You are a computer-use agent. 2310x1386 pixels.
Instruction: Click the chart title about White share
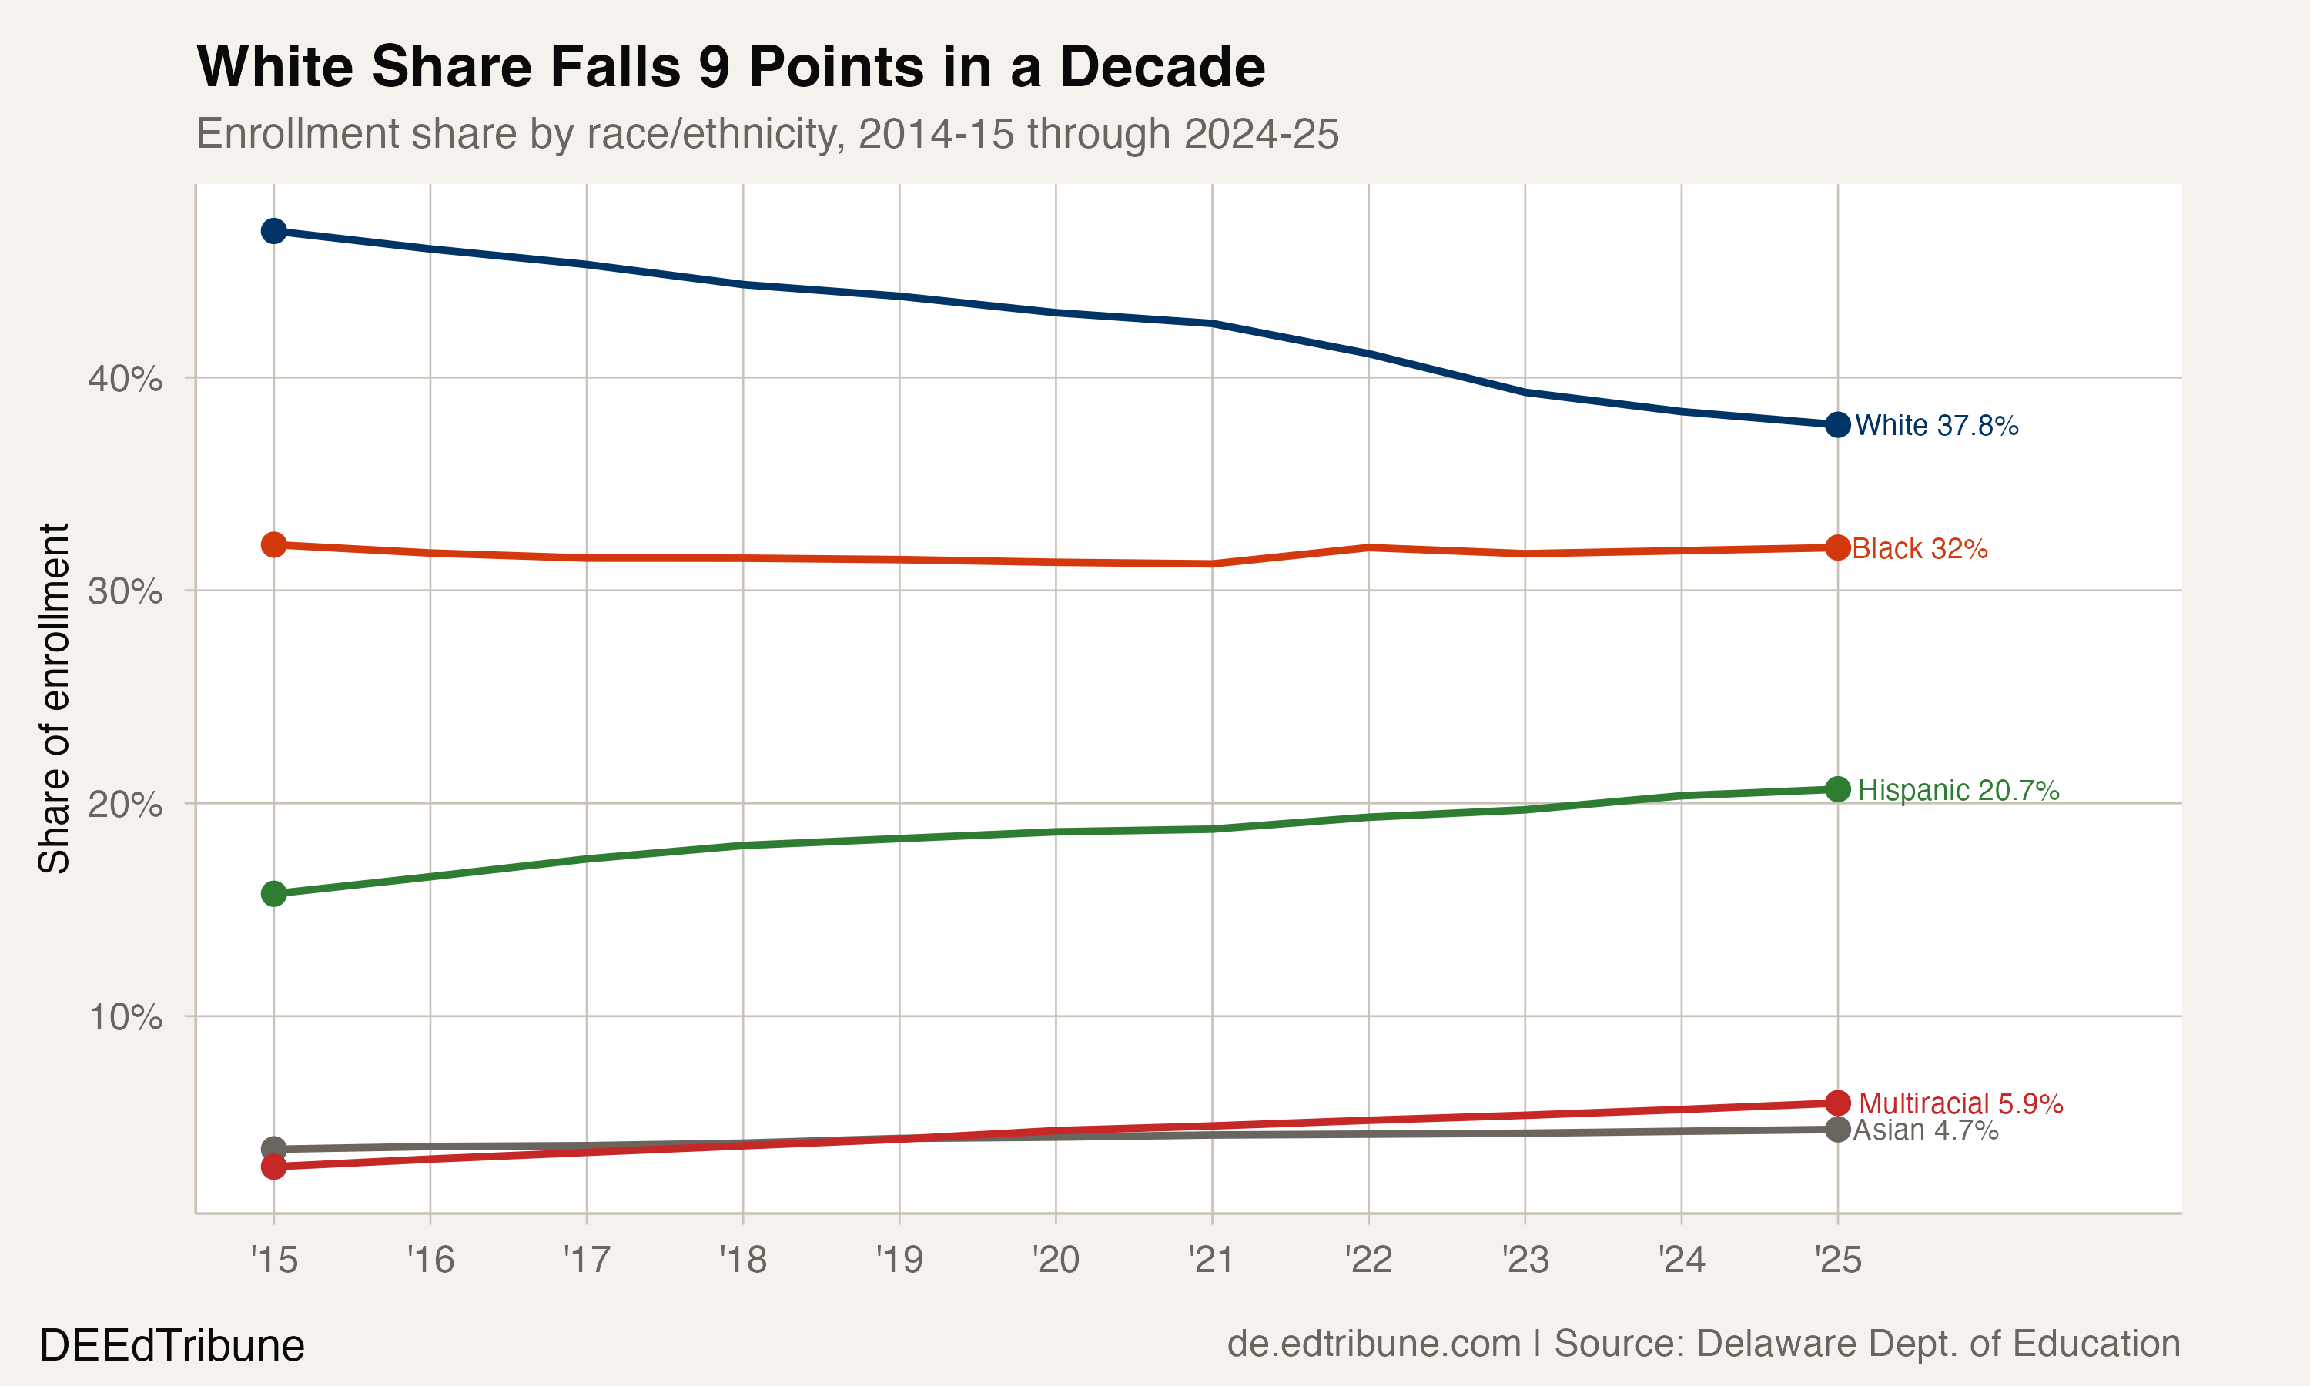point(730,67)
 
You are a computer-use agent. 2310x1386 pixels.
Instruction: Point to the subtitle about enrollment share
point(768,133)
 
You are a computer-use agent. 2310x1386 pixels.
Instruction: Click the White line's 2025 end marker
point(1836,425)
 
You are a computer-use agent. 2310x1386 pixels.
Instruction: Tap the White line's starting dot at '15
point(273,231)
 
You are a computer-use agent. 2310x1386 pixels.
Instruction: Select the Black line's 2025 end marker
point(1836,547)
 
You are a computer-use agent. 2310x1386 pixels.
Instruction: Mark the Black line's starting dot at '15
point(273,544)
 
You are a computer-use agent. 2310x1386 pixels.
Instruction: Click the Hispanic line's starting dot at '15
point(273,894)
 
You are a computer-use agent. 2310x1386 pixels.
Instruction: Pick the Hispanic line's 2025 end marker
point(1836,789)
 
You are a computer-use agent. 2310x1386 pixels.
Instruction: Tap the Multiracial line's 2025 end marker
point(1836,1103)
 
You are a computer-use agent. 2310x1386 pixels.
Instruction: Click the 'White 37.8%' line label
point(1936,426)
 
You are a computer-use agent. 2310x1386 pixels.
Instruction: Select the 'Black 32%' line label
point(1919,548)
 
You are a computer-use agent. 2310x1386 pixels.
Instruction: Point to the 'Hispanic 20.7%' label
point(1958,790)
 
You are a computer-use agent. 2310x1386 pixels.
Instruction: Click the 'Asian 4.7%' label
point(1925,1130)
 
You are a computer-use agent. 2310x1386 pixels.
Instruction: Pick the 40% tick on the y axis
point(125,379)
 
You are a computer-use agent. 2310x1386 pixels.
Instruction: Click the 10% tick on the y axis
point(125,1017)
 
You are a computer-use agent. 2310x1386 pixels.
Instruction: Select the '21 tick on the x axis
point(1211,1260)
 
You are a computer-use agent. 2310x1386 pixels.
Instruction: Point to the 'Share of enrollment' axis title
point(54,698)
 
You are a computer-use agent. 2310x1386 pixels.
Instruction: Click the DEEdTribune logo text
point(172,1346)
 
